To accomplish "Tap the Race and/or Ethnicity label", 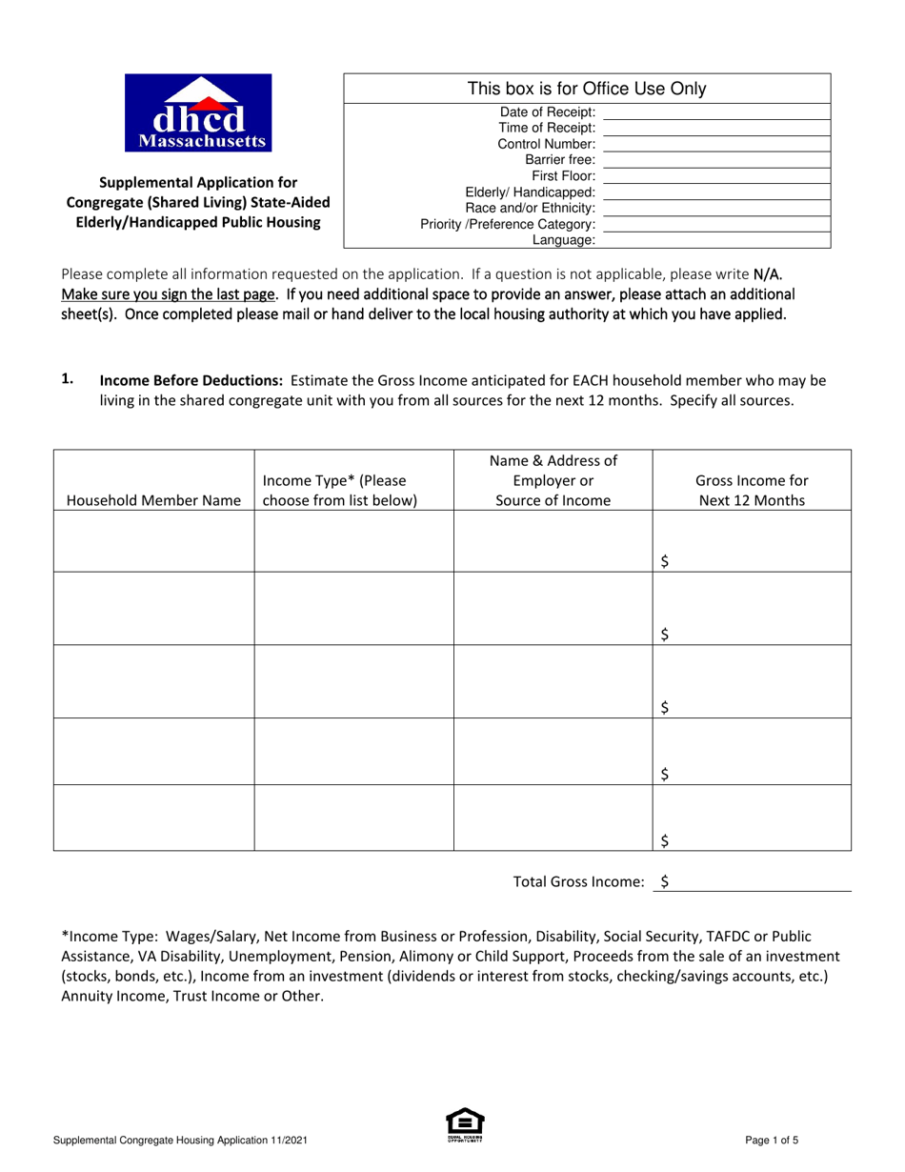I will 530,209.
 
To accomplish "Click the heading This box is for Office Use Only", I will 586,90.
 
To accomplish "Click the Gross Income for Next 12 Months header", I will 752,491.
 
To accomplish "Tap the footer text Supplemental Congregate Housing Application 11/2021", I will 180,1140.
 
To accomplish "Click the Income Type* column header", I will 340,491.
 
